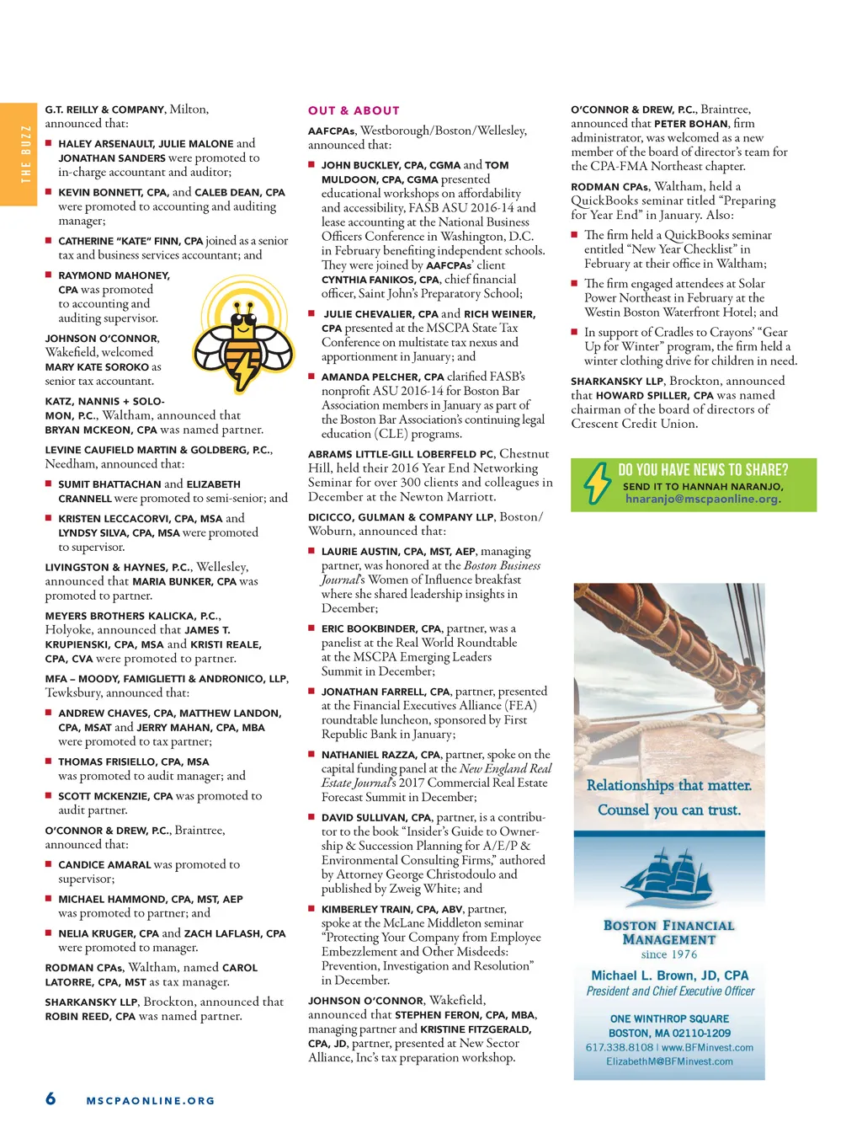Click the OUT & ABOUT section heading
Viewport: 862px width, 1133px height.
point(354,110)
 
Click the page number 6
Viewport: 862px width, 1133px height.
point(51,1098)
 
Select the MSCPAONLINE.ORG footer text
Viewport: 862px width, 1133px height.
point(151,1100)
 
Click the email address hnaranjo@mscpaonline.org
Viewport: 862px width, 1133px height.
point(702,499)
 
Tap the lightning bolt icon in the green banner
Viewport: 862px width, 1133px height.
point(597,484)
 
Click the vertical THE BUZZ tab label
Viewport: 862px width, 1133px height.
point(25,154)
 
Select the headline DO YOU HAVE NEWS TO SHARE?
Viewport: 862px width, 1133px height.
point(703,470)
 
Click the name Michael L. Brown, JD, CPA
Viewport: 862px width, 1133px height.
point(669,975)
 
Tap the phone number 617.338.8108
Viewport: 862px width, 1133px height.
point(619,1047)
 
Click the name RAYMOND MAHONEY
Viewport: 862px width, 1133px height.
point(114,275)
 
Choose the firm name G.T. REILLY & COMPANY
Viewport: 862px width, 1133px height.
point(105,110)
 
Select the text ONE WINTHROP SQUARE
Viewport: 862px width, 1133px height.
point(669,1018)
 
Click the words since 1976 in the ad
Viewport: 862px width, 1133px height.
point(668,954)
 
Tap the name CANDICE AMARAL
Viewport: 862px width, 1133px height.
point(104,865)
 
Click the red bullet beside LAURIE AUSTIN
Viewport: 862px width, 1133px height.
point(311,551)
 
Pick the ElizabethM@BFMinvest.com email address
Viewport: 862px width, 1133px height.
point(669,1061)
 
